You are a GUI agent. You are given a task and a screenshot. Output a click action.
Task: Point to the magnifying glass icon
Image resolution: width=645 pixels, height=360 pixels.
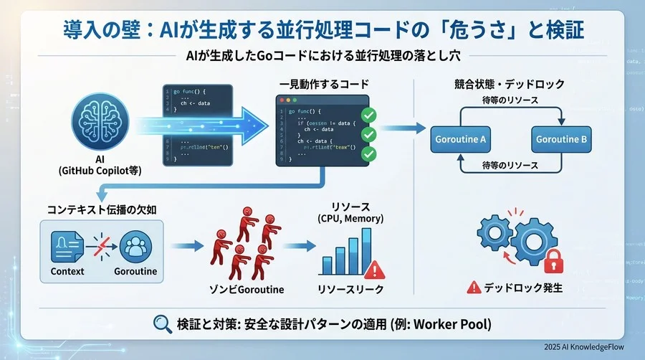(x=162, y=323)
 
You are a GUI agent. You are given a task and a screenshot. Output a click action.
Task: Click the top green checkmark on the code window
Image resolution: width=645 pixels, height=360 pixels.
(x=368, y=115)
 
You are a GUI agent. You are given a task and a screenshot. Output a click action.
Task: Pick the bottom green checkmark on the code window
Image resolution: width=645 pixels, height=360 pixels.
(x=368, y=153)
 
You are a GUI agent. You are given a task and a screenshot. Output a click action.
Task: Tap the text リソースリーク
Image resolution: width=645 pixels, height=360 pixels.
(x=350, y=290)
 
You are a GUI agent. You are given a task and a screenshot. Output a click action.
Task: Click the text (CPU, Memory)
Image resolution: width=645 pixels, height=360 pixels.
(x=350, y=218)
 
